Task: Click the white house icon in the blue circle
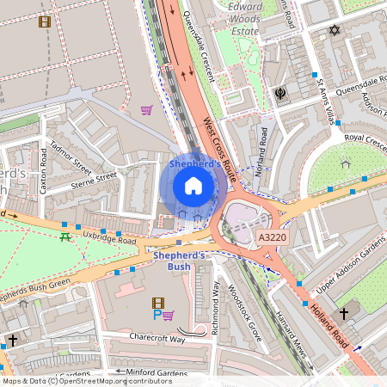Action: coord(193,186)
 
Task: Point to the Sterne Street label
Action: coord(94,179)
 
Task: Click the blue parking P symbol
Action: coord(157,316)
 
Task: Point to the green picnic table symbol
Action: coord(65,236)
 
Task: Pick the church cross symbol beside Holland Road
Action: coord(344,312)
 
